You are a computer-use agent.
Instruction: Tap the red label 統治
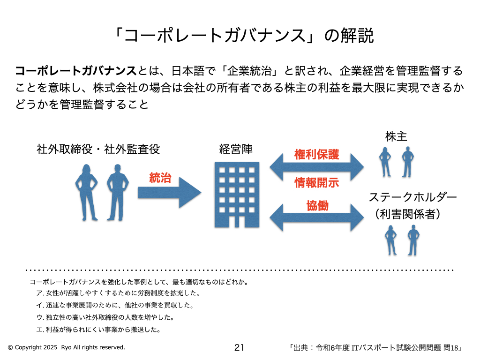click(160, 178)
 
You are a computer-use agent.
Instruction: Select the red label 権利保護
click(317, 155)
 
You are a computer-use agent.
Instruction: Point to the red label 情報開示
click(317, 182)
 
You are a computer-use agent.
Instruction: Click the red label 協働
click(317, 205)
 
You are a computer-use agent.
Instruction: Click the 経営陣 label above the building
click(236, 150)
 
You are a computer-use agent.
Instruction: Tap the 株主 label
click(396, 136)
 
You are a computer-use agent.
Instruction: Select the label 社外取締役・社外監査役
click(98, 150)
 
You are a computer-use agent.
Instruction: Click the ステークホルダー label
click(412, 197)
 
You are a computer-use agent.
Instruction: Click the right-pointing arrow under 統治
click(169, 192)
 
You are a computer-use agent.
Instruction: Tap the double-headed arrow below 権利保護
click(317, 167)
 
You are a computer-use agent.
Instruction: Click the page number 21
click(239, 347)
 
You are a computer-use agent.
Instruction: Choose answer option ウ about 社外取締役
click(105, 317)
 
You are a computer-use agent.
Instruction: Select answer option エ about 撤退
click(99, 329)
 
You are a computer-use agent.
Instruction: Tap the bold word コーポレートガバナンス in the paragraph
click(75, 71)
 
